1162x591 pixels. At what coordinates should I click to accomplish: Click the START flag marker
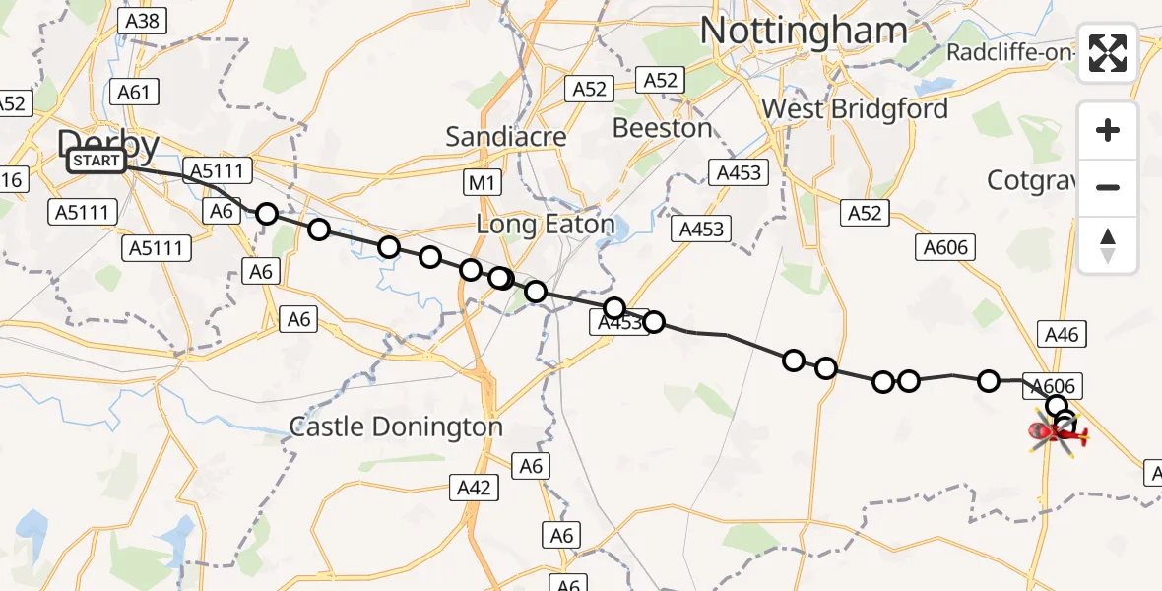97,161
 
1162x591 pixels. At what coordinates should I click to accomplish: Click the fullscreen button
1108,53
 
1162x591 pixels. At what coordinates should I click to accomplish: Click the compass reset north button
1108,245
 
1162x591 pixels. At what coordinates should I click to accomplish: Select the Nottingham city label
803,31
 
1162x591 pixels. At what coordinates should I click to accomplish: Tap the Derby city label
108,144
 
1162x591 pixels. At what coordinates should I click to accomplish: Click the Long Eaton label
545,225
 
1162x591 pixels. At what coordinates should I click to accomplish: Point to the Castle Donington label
396,427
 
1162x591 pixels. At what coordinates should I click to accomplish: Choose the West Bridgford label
855,108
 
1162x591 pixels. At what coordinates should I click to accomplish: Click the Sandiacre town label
506,136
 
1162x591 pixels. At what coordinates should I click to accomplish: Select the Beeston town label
662,128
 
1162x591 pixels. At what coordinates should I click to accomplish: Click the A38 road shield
142,21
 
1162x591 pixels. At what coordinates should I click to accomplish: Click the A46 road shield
1062,335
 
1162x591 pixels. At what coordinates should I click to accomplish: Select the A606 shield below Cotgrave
945,248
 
